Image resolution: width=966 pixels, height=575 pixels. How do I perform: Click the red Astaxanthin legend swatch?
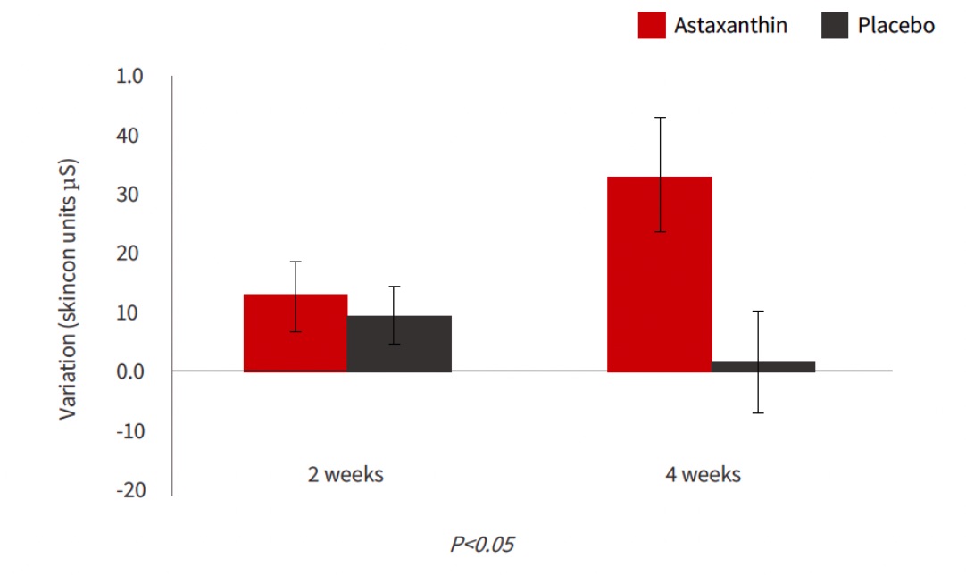652,25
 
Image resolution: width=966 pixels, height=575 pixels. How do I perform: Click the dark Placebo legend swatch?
834,25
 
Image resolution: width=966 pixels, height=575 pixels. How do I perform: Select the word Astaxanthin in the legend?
730,25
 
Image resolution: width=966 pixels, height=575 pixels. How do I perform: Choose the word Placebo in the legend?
895,25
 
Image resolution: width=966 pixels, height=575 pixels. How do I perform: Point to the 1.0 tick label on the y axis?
129,77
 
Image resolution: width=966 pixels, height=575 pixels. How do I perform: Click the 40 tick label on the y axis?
131,136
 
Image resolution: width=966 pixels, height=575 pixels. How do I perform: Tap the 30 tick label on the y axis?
131,195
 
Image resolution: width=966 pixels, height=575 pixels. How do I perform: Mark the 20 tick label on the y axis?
131,254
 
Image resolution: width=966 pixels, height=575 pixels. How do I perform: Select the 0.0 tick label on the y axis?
129,371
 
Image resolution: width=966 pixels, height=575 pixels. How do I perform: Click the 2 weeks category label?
346,474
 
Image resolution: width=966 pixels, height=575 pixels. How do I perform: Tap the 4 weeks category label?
703,474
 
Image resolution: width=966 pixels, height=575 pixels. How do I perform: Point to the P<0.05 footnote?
482,544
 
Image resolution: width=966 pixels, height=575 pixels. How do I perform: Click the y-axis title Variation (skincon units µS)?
70,289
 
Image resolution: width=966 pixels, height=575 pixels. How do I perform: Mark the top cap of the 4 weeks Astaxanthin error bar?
660,118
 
